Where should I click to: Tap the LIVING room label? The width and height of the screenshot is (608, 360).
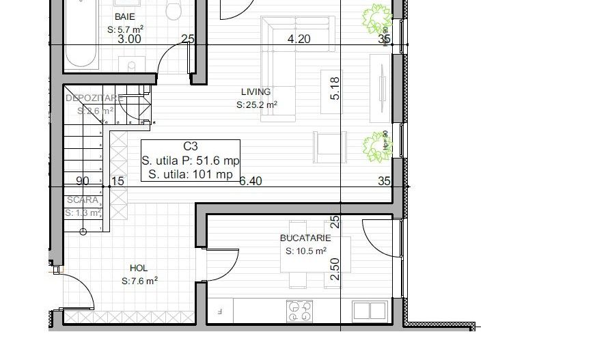coord(256,92)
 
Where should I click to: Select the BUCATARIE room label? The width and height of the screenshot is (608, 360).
coord(305,238)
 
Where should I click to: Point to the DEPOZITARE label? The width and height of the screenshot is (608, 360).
coord(94,98)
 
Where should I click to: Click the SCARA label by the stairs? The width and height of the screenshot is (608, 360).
coord(82,200)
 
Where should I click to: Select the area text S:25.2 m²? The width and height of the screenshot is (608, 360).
coord(256,105)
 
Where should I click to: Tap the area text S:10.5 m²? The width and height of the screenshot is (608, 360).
coord(305,251)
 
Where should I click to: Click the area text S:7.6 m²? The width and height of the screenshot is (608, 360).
coord(139,281)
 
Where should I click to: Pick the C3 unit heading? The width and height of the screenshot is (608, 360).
coord(191,146)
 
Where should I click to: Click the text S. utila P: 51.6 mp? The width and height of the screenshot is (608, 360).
coord(191,161)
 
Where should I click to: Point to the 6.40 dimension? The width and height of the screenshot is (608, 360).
coord(251,181)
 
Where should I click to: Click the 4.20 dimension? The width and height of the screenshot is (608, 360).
coord(299,39)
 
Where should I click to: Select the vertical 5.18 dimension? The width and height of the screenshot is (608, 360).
coord(335,88)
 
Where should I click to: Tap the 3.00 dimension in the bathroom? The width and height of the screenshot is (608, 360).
coord(129,39)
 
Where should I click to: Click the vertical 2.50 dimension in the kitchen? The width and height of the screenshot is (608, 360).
coord(335,268)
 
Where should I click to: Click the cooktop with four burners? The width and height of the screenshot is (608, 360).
coord(299,311)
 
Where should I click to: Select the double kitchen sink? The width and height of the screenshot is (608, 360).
coord(370,311)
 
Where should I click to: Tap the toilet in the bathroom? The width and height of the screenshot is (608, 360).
coord(174,10)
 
